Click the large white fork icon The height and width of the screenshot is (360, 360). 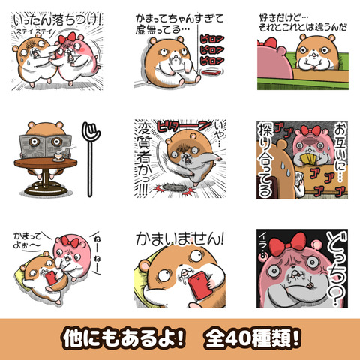[91, 154]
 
